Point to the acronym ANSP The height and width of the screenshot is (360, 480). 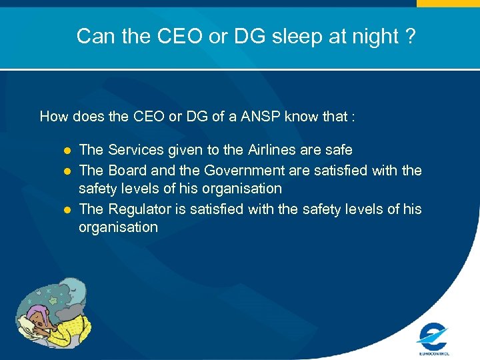(261, 117)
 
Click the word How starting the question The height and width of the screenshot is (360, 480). (53, 117)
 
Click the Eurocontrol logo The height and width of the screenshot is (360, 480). (433, 336)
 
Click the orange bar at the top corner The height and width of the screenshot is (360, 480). (448, 3)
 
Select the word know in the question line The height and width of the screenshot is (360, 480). (301, 117)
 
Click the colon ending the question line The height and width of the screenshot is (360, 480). (353, 118)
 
